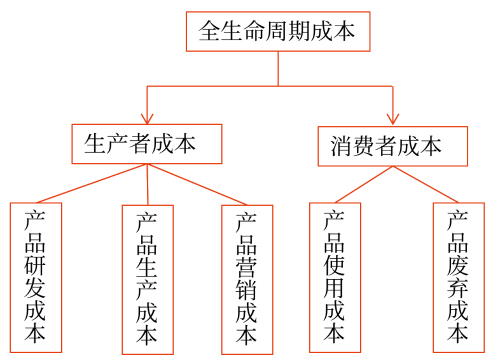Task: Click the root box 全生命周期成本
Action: click(x=277, y=31)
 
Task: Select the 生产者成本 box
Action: click(x=147, y=144)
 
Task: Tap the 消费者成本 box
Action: click(x=392, y=147)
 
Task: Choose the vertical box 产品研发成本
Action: click(x=35, y=278)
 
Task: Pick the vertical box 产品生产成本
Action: click(x=147, y=279)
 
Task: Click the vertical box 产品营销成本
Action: click(x=246, y=279)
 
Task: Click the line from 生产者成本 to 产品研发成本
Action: click(x=90, y=183)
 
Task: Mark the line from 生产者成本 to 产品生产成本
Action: click(x=147, y=185)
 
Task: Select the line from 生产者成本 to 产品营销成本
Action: click(x=200, y=184)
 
